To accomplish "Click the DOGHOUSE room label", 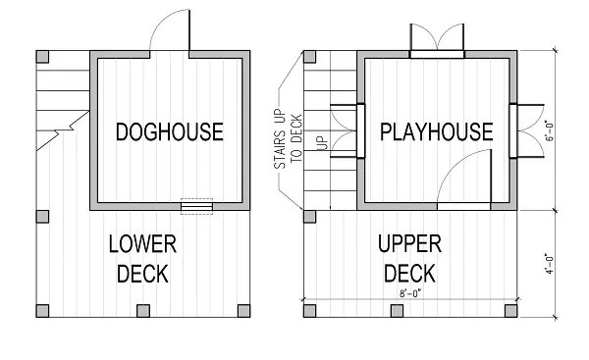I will [169, 130].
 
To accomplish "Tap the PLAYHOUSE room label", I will [436, 130].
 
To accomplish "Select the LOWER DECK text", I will [142, 257].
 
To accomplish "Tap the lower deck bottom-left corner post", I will [40, 311].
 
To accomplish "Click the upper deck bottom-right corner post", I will [510, 311].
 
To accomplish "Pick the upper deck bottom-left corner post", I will [310, 311].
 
